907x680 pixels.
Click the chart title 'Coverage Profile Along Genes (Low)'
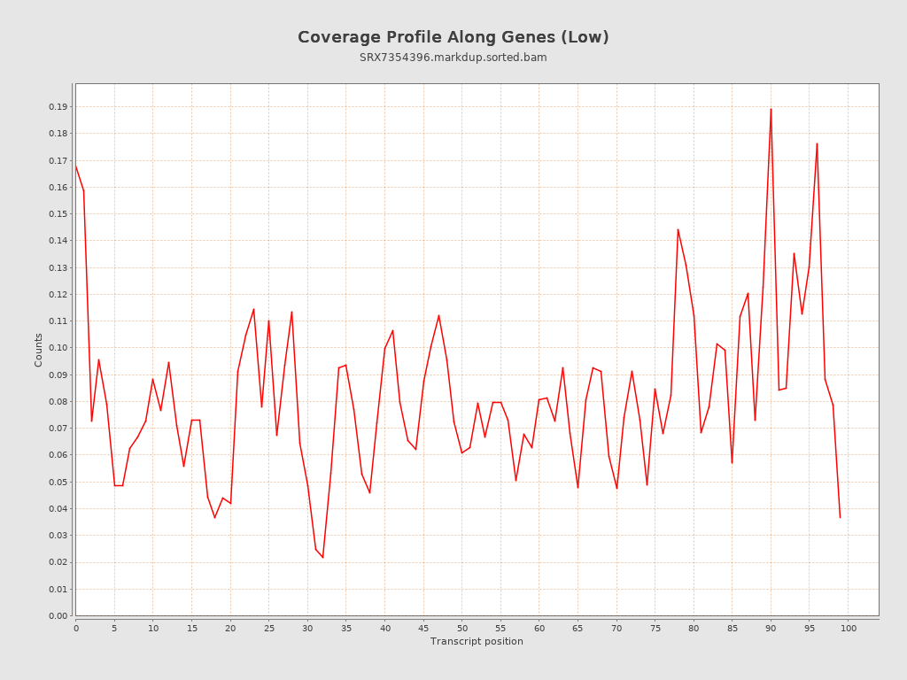[x=453, y=37]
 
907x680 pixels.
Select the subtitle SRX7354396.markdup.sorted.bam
[x=453, y=58]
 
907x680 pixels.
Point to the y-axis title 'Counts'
[x=39, y=350]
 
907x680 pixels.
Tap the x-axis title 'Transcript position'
[x=477, y=641]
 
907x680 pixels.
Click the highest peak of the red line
[x=771, y=109]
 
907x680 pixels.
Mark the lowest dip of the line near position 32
[x=322, y=557]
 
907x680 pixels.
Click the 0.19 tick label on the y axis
[x=58, y=107]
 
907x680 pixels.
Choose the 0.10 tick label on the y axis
[x=58, y=348]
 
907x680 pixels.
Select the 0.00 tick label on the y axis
[x=58, y=615]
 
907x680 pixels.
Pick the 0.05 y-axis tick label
[x=58, y=482]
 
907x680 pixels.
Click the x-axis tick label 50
[x=461, y=628]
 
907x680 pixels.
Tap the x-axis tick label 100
[x=848, y=628]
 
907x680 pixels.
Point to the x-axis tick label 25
[x=268, y=628]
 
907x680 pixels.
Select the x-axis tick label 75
[x=655, y=628]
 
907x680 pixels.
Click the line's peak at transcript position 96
[x=817, y=143]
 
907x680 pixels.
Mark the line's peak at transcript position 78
[x=678, y=229]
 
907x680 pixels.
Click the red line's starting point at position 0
[x=76, y=166]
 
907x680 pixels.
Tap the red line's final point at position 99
[x=840, y=517]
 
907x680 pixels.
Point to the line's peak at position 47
[x=438, y=315]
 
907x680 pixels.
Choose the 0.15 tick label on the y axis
[x=58, y=213]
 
